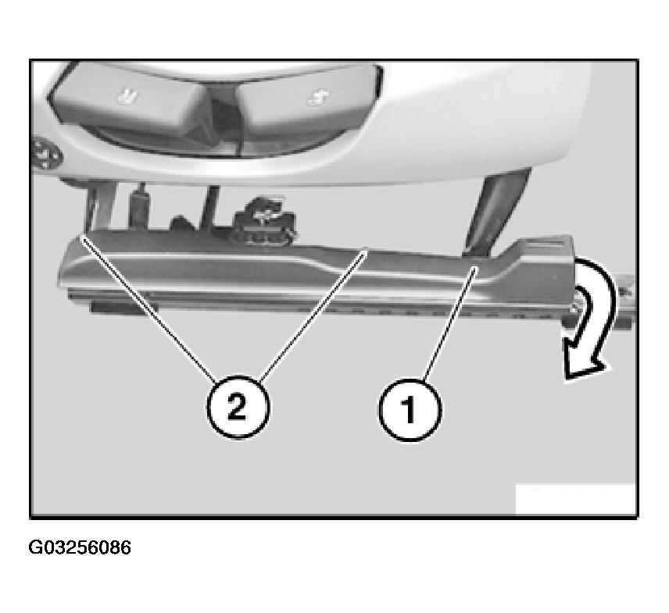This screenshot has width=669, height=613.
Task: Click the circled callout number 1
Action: click(x=410, y=410)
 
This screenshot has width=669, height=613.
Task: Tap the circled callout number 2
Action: click(x=238, y=406)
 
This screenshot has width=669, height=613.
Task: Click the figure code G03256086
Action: click(x=80, y=547)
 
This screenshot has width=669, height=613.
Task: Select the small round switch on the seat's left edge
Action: click(x=45, y=155)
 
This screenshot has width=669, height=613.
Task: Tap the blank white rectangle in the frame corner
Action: click(x=575, y=499)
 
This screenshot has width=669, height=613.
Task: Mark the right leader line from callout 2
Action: click(x=313, y=314)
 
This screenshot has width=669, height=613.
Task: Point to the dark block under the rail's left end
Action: click(x=120, y=306)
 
